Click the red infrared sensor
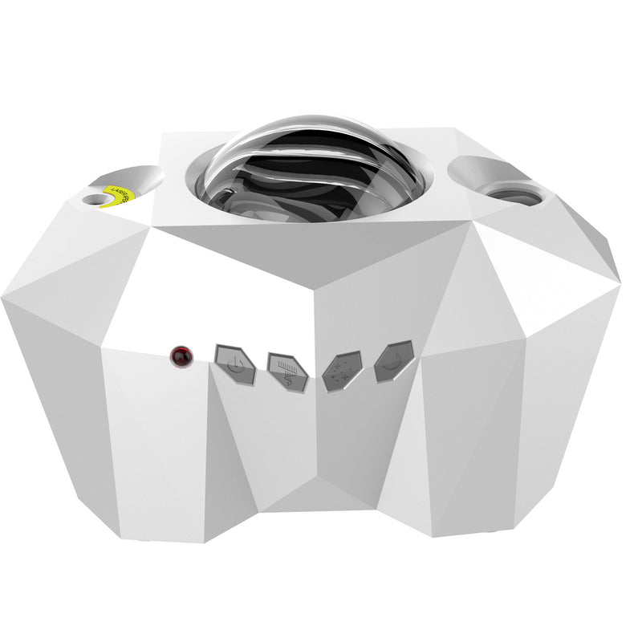point(182,354)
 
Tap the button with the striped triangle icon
point(287,372)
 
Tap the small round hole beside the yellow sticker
point(95,199)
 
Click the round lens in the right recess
point(514,193)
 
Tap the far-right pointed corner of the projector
point(620,282)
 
